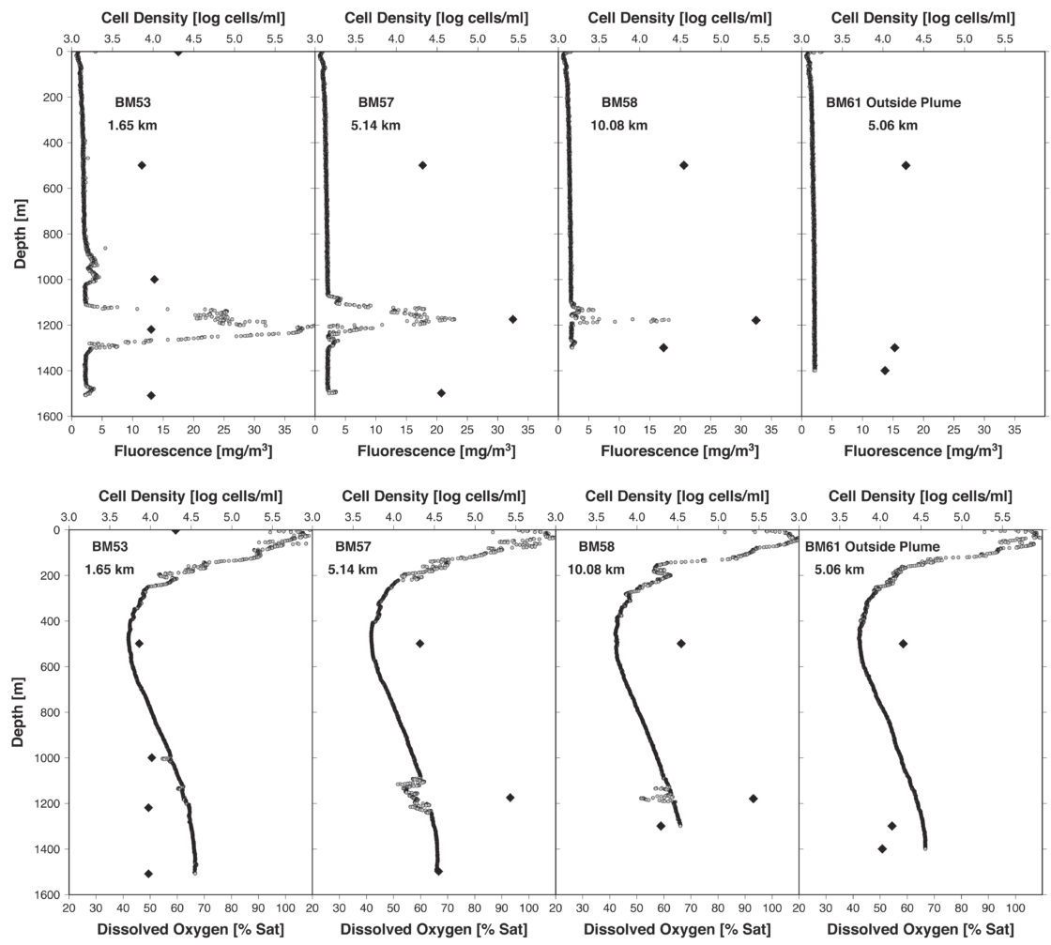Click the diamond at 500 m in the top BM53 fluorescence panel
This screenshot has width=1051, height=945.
click(142, 165)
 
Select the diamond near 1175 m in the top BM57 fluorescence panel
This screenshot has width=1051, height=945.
click(512, 319)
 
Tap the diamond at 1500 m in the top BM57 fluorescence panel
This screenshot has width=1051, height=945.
click(441, 392)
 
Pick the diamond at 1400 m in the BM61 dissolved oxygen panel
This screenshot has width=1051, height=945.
click(882, 848)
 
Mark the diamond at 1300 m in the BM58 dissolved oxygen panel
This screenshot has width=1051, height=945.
click(661, 826)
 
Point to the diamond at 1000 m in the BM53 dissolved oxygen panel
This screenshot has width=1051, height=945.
click(152, 757)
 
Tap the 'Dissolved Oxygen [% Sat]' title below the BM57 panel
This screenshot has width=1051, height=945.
click(434, 930)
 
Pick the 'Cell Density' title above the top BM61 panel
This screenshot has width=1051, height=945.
click(922, 17)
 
